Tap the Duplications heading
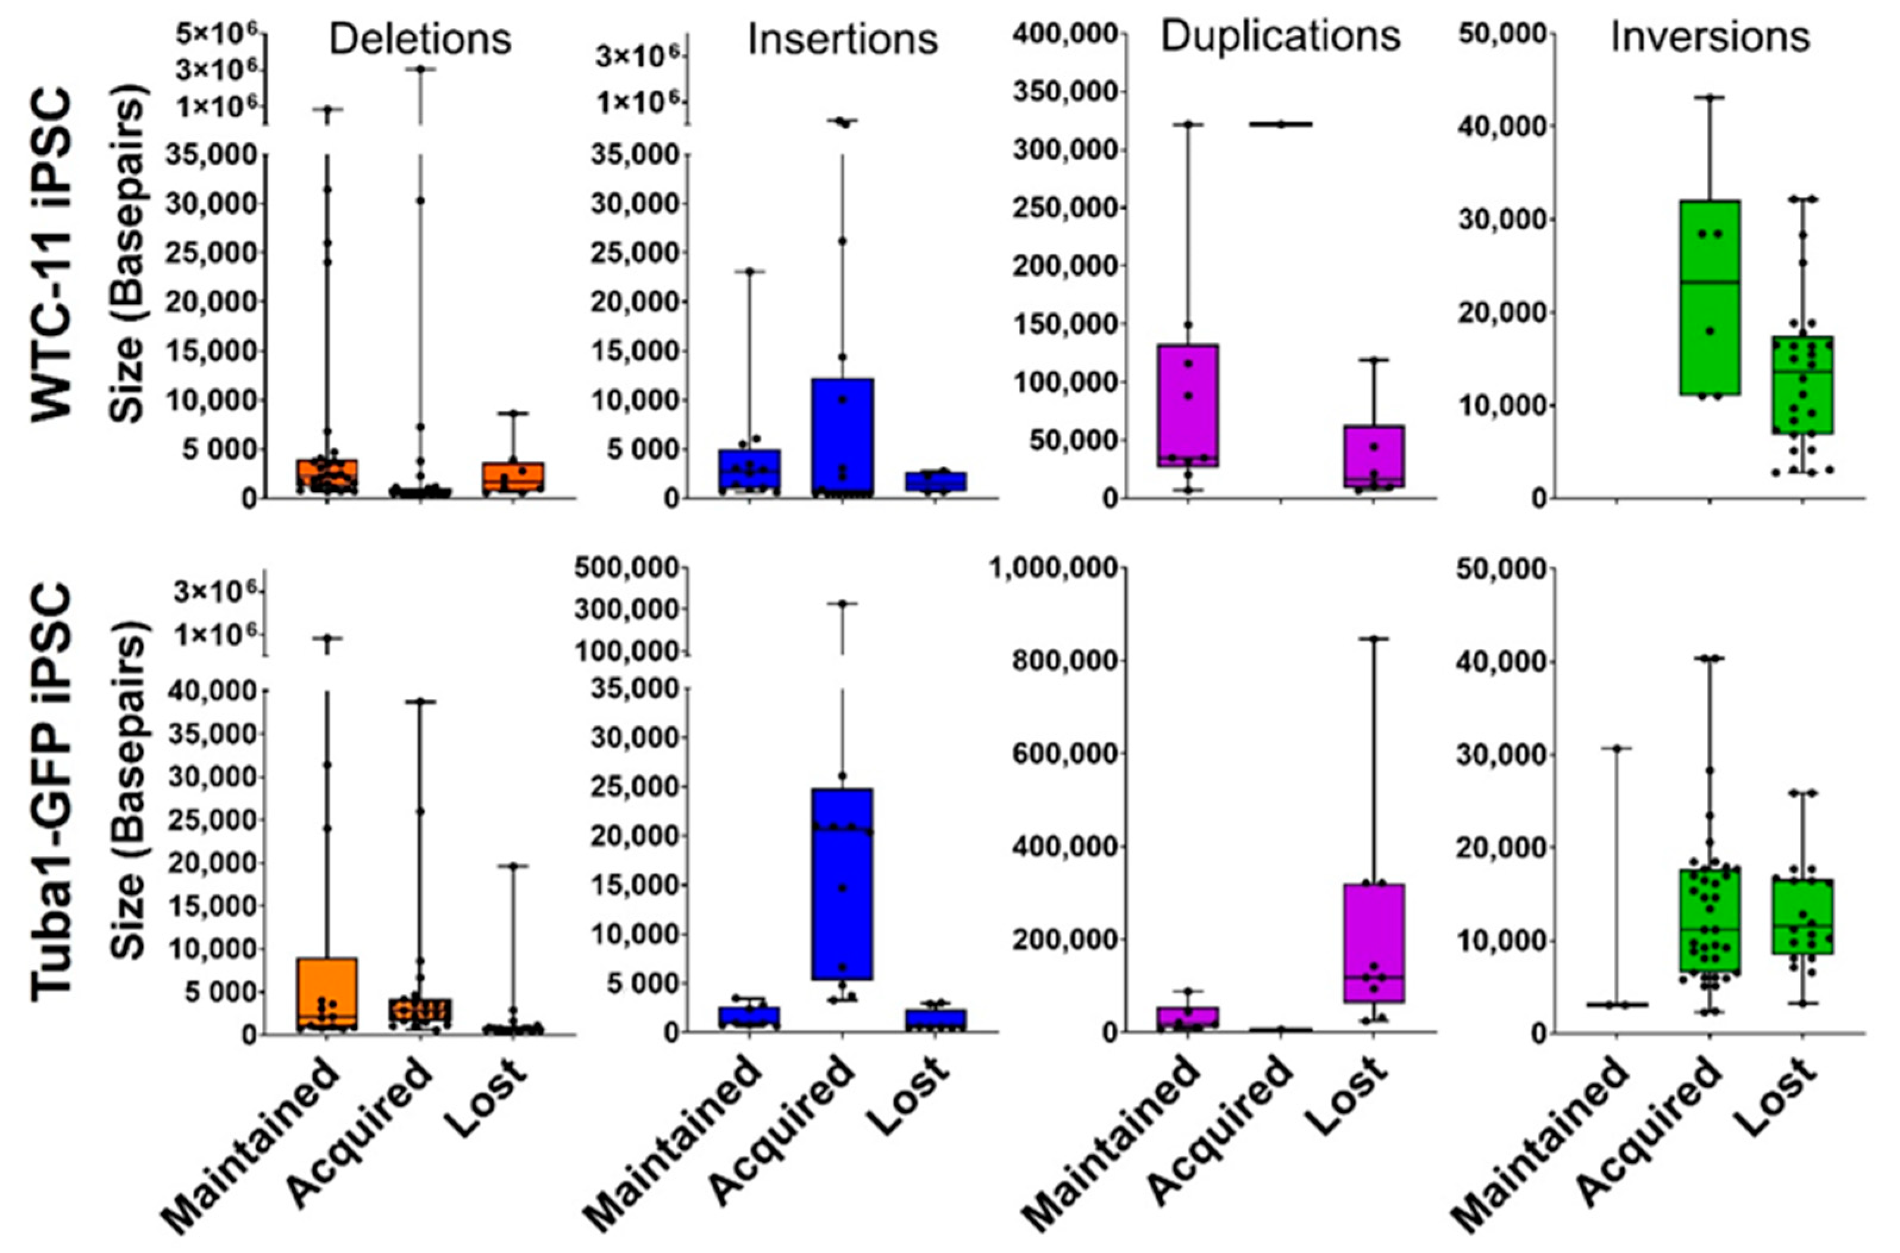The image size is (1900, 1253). [x=1280, y=36]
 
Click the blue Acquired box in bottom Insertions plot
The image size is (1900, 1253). [x=842, y=883]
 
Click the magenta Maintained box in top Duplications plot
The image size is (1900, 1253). [x=1188, y=406]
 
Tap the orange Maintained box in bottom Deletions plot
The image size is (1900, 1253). [x=327, y=995]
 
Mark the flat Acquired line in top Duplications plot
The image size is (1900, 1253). [x=1280, y=124]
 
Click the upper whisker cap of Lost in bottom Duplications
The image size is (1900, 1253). [x=1374, y=638]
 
